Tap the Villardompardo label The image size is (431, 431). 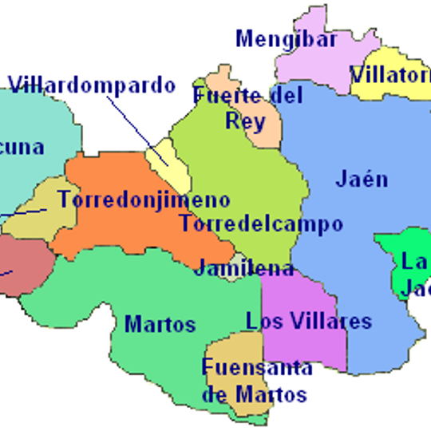click(92, 85)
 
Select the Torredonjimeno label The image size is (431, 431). click(144, 200)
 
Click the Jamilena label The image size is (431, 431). click(243, 268)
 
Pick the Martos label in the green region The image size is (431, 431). click(160, 324)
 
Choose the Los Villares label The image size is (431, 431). click(308, 322)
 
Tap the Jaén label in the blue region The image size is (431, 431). click(362, 178)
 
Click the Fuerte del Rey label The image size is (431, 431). click(247, 108)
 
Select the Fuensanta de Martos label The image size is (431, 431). click(256, 381)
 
